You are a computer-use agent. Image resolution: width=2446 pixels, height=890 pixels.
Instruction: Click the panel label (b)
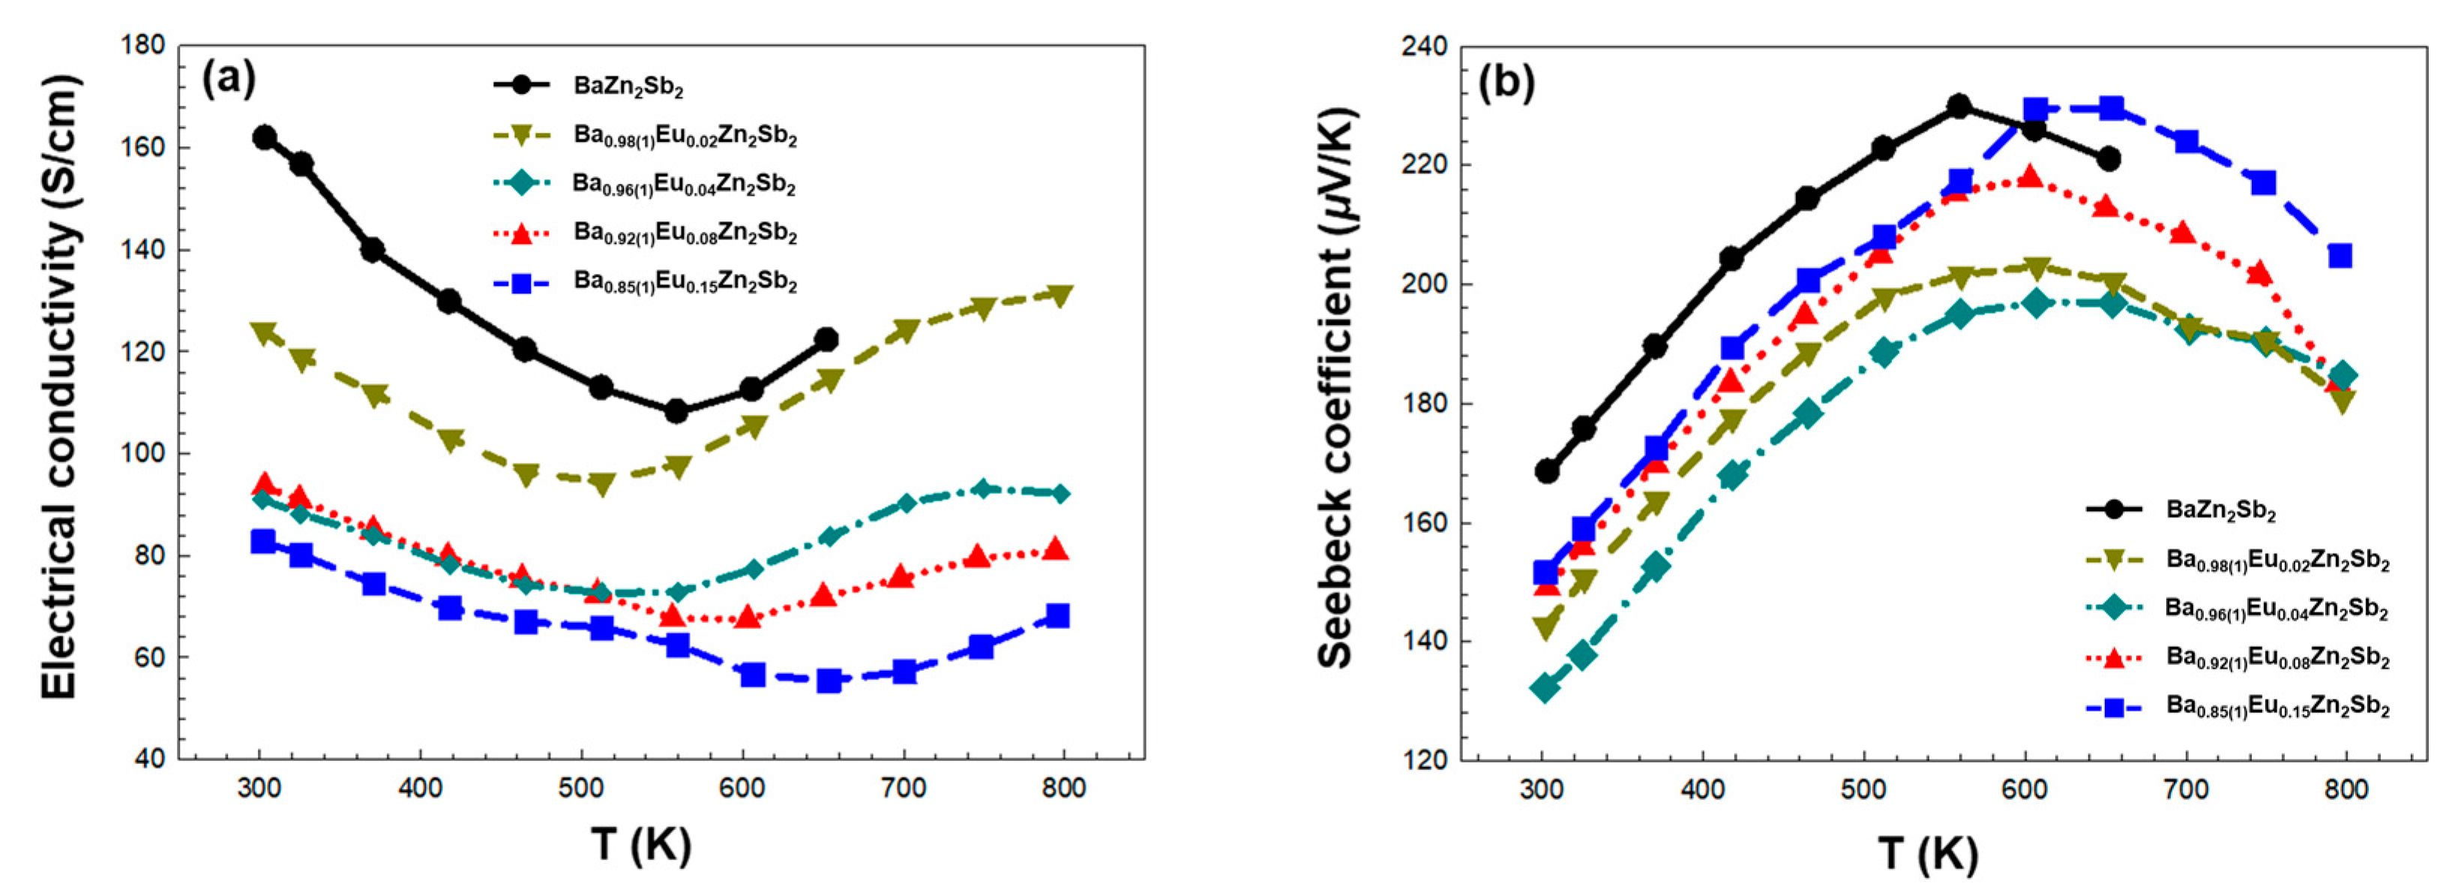pyautogui.click(x=1507, y=83)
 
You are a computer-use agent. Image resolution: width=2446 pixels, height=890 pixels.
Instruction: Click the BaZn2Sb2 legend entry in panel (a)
pyautogui.click(x=628, y=86)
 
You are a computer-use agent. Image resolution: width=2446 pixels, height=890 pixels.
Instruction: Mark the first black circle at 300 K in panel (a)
pyautogui.click(x=264, y=137)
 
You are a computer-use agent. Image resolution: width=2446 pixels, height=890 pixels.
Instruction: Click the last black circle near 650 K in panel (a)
pyautogui.click(x=826, y=339)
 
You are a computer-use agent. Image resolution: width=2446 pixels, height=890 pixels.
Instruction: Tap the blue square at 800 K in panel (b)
pyautogui.click(x=2340, y=255)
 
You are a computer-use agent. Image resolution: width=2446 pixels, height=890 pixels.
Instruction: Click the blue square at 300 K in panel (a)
pyautogui.click(x=262, y=541)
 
